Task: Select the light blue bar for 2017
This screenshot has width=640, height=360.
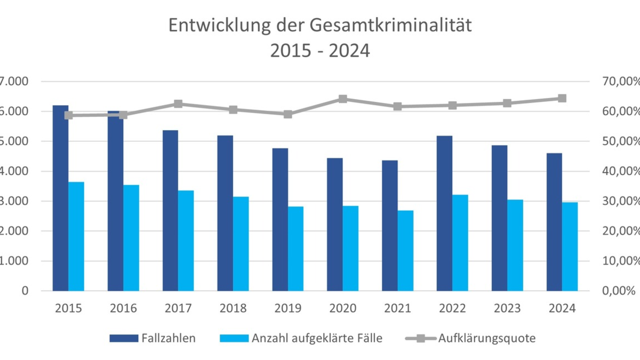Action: point(186,240)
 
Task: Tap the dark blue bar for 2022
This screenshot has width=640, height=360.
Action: point(444,213)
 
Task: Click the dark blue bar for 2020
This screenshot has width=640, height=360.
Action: point(335,224)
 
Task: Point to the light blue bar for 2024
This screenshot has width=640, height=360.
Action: point(570,246)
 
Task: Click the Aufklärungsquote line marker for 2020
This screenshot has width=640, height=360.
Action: point(343,99)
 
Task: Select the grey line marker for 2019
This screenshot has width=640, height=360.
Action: point(288,114)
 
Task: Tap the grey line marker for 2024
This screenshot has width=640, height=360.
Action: point(562,98)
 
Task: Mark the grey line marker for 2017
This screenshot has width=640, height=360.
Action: point(178,104)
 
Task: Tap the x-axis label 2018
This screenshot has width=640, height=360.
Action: point(233,309)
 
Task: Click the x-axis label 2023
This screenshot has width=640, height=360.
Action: point(507,309)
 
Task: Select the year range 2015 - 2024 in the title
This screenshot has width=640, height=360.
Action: point(320,51)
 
